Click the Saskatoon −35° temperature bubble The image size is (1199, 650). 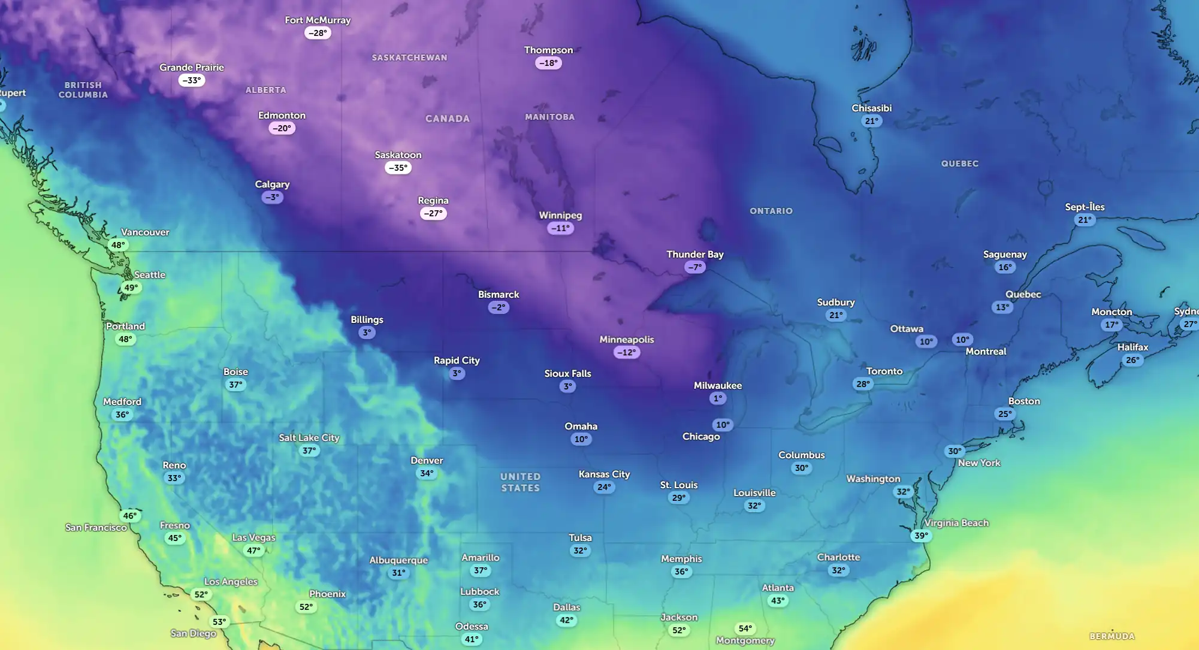(x=398, y=168)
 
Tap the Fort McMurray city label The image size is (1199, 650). (x=318, y=20)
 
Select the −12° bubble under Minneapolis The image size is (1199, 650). (x=626, y=352)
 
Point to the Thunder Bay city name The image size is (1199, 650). (x=694, y=254)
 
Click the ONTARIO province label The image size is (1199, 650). (x=771, y=211)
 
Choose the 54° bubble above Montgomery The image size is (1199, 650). (x=745, y=628)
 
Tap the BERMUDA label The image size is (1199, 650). (x=1112, y=636)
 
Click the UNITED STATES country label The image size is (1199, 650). (x=520, y=482)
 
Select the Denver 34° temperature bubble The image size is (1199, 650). (x=427, y=473)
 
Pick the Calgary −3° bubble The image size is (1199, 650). (x=272, y=197)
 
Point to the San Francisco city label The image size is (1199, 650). (x=96, y=527)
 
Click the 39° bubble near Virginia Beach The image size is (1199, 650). (x=921, y=536)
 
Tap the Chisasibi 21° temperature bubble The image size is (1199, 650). (x=871, y=121)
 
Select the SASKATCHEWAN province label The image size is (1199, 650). (x=409, y=58)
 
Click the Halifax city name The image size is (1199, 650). (x=1132, y=347)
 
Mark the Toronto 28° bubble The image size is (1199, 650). (x=863, y=384)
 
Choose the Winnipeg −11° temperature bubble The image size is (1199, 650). (x=560, y=228)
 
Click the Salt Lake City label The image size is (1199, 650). (x=309, y=437)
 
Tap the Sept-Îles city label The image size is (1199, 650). (x=1084, y=207)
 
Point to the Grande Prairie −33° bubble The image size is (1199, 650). (x=191, y=80)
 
